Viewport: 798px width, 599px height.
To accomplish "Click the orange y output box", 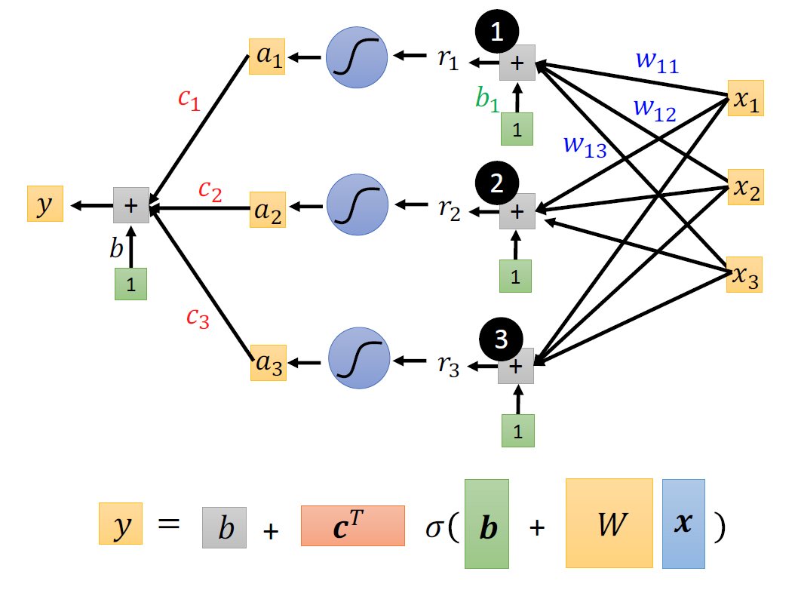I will coord(45,204).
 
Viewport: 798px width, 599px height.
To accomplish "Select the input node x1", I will coord(745,98).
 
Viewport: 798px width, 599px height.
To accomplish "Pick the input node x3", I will coord(745,275).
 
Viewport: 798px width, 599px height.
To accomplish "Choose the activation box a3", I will coord(269,363).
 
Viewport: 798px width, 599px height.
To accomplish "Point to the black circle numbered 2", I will coord(496,183).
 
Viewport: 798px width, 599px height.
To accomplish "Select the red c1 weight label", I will coord(189,100).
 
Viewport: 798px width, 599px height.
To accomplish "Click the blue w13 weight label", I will coord(585,147).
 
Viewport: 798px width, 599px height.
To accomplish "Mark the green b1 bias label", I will coord(487,100).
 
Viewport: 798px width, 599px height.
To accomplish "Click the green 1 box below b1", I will coord(517,129).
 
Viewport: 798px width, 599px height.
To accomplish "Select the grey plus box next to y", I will coord(131,204).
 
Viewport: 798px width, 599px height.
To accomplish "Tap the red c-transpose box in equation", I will coord(352,525).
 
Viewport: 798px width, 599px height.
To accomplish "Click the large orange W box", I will coord(609,523).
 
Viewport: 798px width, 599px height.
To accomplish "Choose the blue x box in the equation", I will coord(683,523).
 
